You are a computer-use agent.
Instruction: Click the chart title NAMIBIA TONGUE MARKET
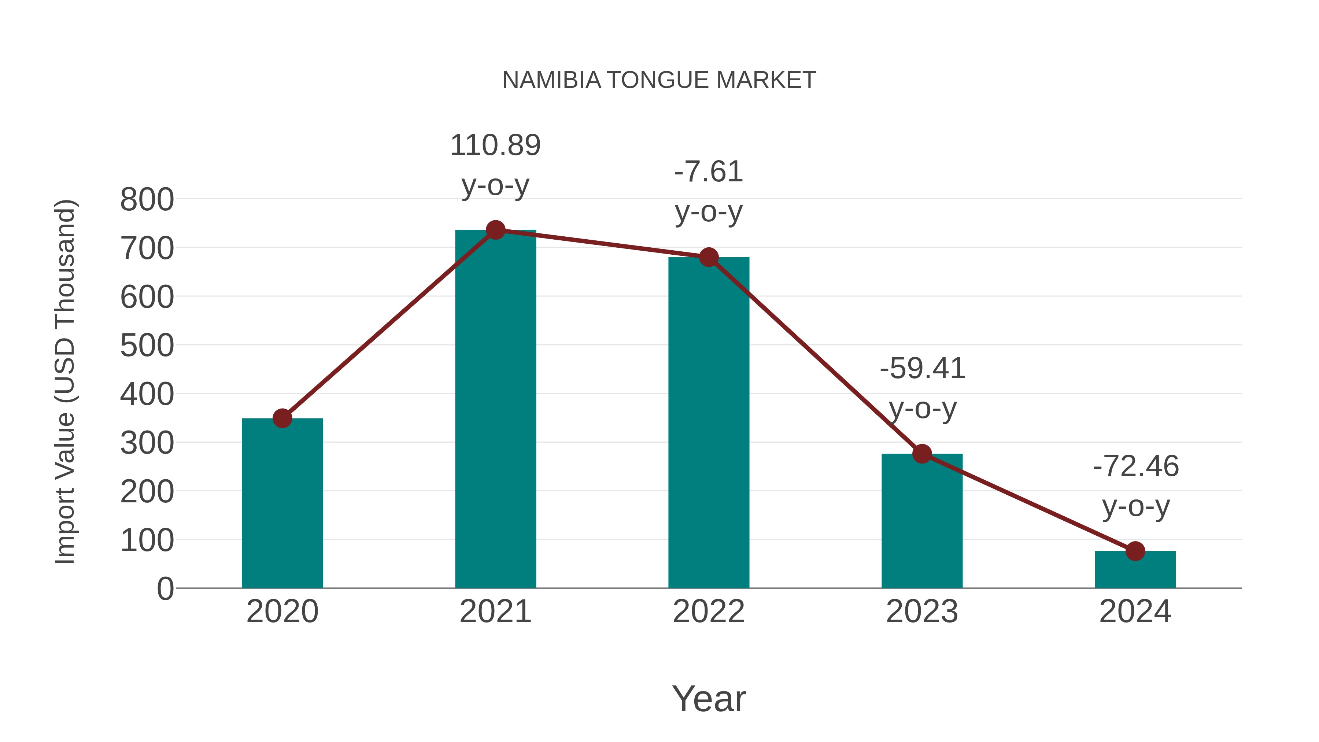[x=659, y=80]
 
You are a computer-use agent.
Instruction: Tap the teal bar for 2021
[x=495, y=410]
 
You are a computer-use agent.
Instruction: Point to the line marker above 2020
[x=282, y=418]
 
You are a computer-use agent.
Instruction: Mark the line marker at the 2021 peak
[x=495, y=230]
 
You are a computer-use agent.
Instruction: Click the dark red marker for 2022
[x=709, y=257]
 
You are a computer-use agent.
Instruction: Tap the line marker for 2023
[x=922, y=454]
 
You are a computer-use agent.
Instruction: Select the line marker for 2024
[x=1135, y=551]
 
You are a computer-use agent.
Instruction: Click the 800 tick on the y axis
[x=147, y=200]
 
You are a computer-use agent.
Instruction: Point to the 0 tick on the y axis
[x=165, y=589]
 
